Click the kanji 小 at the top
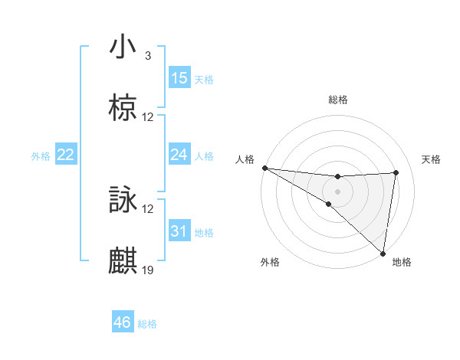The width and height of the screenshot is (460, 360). point(123,47)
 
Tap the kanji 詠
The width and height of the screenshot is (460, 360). point(123,201)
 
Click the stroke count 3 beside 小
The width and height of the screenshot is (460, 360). point(148,56)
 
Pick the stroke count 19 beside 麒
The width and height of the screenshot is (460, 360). point(148,270)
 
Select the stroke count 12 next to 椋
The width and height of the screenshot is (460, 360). point(148,117)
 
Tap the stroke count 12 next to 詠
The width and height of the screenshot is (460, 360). point(148,209)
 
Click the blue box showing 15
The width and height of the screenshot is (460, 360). point(179,78)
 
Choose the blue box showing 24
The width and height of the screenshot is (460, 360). point(179,155)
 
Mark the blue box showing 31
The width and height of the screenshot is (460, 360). point(179,231)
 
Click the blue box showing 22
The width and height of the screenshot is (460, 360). point(66,155)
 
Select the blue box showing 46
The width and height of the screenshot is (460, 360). point(123,322)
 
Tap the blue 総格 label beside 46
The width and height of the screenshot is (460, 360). point(147,324)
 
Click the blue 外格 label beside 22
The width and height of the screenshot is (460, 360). point(41,156)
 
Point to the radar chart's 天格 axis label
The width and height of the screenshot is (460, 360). point(432,159)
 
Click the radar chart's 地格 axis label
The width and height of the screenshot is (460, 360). point(402,262)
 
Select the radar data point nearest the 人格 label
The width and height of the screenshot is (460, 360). point(264,168)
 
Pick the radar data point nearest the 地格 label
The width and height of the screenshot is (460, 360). point(383,253)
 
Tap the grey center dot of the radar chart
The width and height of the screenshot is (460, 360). point(337,191)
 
